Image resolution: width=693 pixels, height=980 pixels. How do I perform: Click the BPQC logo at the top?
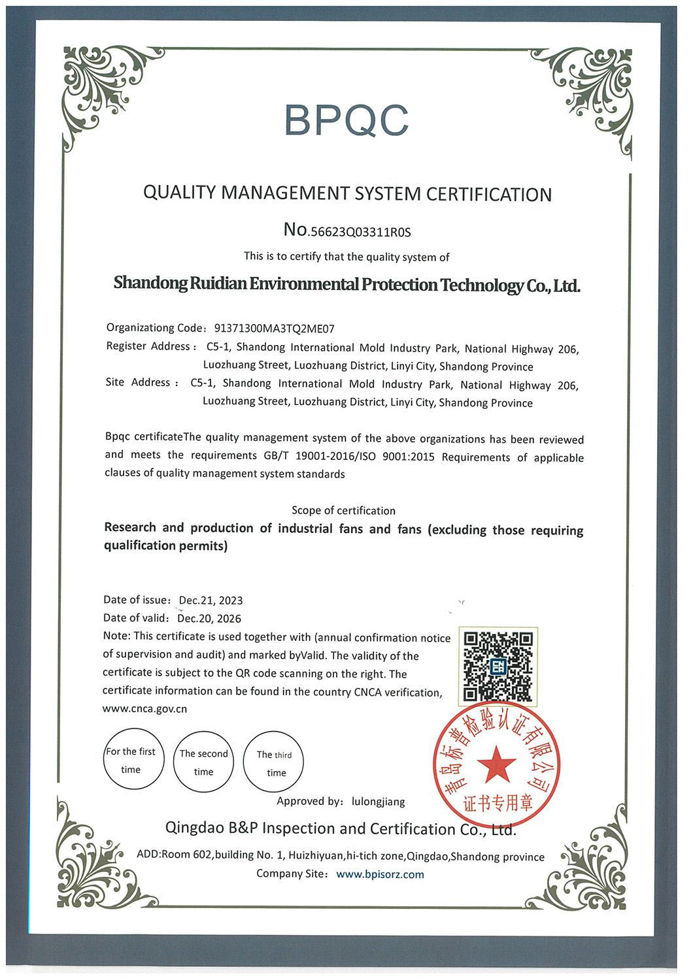pyautogui.click(x=346, y=120)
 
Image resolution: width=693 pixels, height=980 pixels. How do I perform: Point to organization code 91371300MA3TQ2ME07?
pyautogui.click(x=274, y=329)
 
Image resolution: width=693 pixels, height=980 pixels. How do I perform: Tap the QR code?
pyautogui.click(x=498, y=666)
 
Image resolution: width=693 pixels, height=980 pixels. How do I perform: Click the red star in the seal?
pyautogui.click(x=497, y=764)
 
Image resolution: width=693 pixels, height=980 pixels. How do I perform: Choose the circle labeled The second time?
pyautogui.click(x=203, y=762)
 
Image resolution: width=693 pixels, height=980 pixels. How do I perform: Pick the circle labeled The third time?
pyautogui.click(x=275, y=762)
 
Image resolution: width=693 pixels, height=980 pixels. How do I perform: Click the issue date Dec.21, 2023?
pyautogui.click(x=211, y=600)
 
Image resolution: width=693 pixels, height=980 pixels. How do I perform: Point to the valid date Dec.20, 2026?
pyautogui.click(x=209, y=619)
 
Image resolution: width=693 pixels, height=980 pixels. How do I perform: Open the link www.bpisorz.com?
pyautogui.click(x=380, y=874)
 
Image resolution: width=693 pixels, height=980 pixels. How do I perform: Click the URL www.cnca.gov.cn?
pyautogui.click(x=144, y=709)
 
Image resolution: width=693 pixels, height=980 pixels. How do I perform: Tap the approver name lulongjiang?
pyautogui.click(x=378, y=802)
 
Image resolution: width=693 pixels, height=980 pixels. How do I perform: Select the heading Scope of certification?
pyautogui.click(x=343, y=510)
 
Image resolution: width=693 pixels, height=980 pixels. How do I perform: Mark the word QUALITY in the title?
pyautogui.click(x=179, y=193)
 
